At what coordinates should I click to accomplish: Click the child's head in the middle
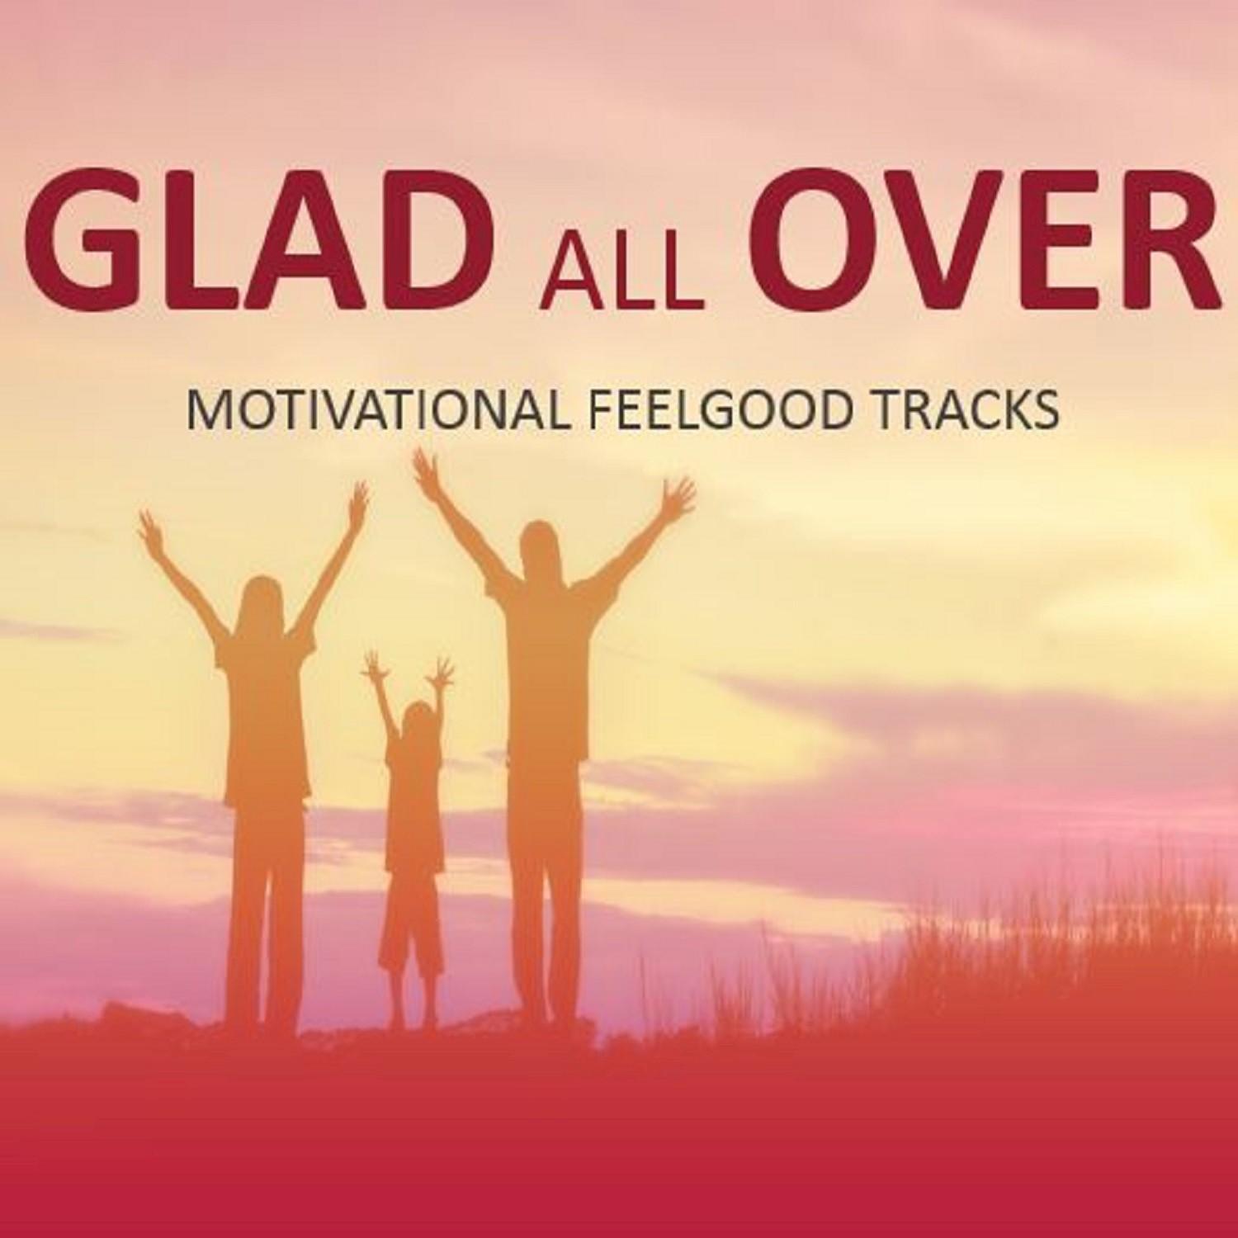420,721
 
